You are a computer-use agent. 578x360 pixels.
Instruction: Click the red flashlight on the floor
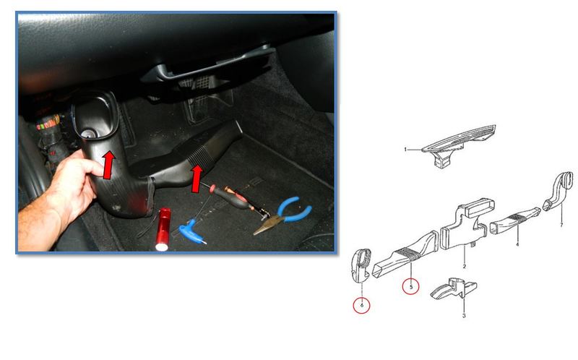point(163,229)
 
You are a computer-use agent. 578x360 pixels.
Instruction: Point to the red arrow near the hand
point(108,166)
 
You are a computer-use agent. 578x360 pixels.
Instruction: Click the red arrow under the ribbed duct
point(197,179)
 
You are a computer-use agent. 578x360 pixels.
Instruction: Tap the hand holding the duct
point(59,200)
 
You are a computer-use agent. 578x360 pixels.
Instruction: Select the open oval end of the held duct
point(96,115)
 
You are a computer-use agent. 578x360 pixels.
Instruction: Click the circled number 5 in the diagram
point(410,286)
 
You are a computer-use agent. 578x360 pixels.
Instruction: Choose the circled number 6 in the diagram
point(362,305)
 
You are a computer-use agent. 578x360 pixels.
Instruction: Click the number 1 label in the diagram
point(405,150)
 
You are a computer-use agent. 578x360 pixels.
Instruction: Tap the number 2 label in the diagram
point(464,266)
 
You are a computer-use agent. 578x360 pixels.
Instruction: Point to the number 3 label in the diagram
point(464,315)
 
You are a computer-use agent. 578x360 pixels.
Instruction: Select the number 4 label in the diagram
point(517,244)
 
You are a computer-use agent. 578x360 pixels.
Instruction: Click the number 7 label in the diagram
point(561,224)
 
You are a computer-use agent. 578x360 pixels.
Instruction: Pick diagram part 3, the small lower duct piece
point(454,290)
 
